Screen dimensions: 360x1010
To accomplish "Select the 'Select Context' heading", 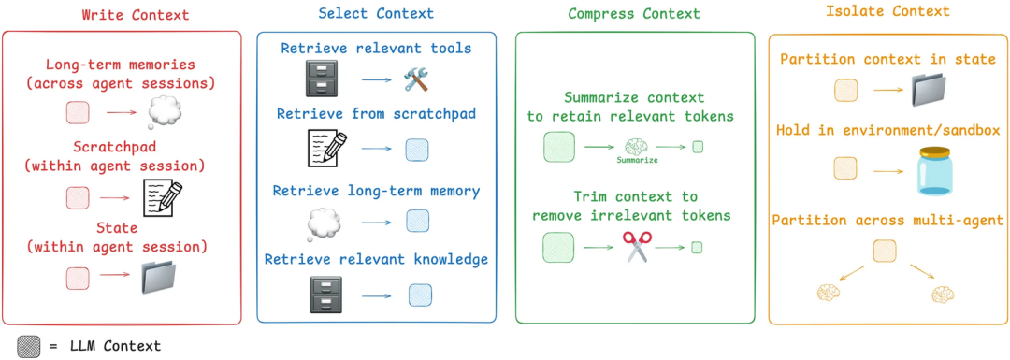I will (x=376, y=14).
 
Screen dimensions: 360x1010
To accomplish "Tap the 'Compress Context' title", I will (x=634, y=14).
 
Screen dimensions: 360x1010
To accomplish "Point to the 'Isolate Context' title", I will (x=887, y=12).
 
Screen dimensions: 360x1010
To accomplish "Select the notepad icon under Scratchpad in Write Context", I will (x=162, y=196).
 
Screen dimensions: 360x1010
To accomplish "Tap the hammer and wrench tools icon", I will (x=415, y=79).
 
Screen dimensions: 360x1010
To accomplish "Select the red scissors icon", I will (x=636, y=247).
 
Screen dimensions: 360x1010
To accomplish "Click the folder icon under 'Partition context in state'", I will (x=932, y=91).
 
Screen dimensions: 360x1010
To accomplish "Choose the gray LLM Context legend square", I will (x=30, y=345).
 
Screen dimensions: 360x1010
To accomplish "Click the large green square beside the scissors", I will (x=558, y=247).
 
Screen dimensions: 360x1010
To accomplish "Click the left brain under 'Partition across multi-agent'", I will (x=829, y=293).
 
